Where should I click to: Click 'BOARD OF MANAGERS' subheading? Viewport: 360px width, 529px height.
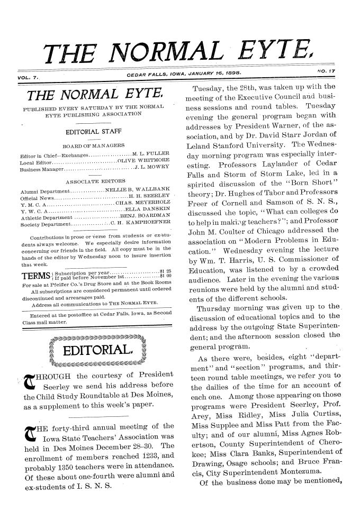[x=93, y=131]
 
